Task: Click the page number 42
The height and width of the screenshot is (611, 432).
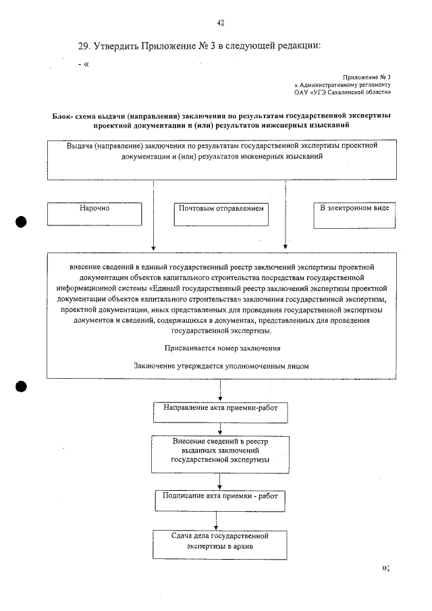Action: [220, 23]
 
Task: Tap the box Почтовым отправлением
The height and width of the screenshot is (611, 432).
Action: [221, 213]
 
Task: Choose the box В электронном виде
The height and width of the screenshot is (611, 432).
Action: [354, 213]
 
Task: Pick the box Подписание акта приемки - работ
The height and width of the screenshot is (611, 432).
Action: [220, 500]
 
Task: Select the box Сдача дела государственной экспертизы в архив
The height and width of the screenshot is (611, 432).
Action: [220, 544]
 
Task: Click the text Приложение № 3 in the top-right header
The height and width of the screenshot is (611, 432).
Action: [367, 78]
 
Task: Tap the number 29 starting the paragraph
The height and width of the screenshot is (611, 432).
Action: [84, 46]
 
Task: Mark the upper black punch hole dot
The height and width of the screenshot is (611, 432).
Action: [22, 222]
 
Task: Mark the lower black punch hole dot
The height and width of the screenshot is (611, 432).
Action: [22, 386]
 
